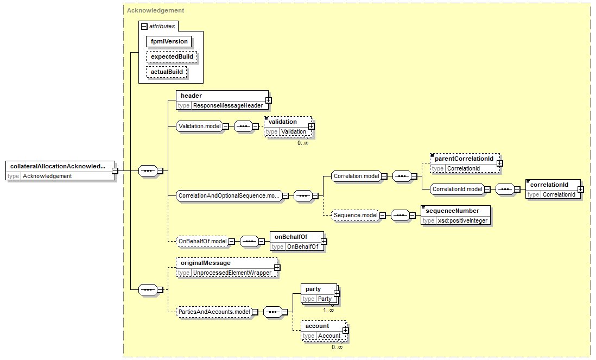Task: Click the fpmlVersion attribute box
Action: (x=169, y=41)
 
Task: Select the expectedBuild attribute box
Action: (x=172, y=56)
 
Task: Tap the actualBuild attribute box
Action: (x=167, y=72)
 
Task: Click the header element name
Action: (x=191, y=96)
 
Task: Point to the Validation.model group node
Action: (x=199, y=126)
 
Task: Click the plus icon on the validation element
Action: (x=312, y=126)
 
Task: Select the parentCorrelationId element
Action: (x=465, y=163)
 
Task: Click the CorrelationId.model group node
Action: (x=457, y=190)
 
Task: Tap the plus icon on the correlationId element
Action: (x=580, y=190)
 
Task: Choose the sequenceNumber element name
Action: (x=452, y=211)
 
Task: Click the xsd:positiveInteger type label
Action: (x=462, y=221)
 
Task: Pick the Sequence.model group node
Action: (x=356, y=216)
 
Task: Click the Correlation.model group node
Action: (x=356, y=176)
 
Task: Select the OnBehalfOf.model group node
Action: (x=202, y=242)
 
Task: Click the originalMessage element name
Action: (x=206, y=263)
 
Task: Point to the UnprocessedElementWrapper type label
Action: (x=232, y=273)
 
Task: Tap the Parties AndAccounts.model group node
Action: (x=214, y=312)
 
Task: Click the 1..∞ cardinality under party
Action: (x=328, y=310)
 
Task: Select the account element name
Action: (x=318, y=326)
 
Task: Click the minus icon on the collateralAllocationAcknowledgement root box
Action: (x=115, y=171)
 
